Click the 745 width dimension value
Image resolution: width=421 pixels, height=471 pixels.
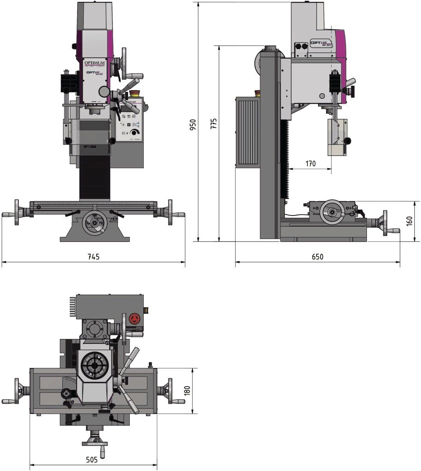93,257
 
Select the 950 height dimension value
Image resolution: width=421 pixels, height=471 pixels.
193,124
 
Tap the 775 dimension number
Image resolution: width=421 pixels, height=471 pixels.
213,123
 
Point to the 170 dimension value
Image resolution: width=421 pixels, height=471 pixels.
310,164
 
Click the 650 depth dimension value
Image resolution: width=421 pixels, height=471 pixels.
318,257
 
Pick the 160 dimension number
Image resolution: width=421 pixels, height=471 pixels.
409,221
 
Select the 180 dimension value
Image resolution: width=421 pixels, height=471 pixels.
187,391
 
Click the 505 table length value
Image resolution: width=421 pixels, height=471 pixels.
92,460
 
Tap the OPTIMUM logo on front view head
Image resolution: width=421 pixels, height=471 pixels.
94,63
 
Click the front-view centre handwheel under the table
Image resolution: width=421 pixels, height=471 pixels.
95,223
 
